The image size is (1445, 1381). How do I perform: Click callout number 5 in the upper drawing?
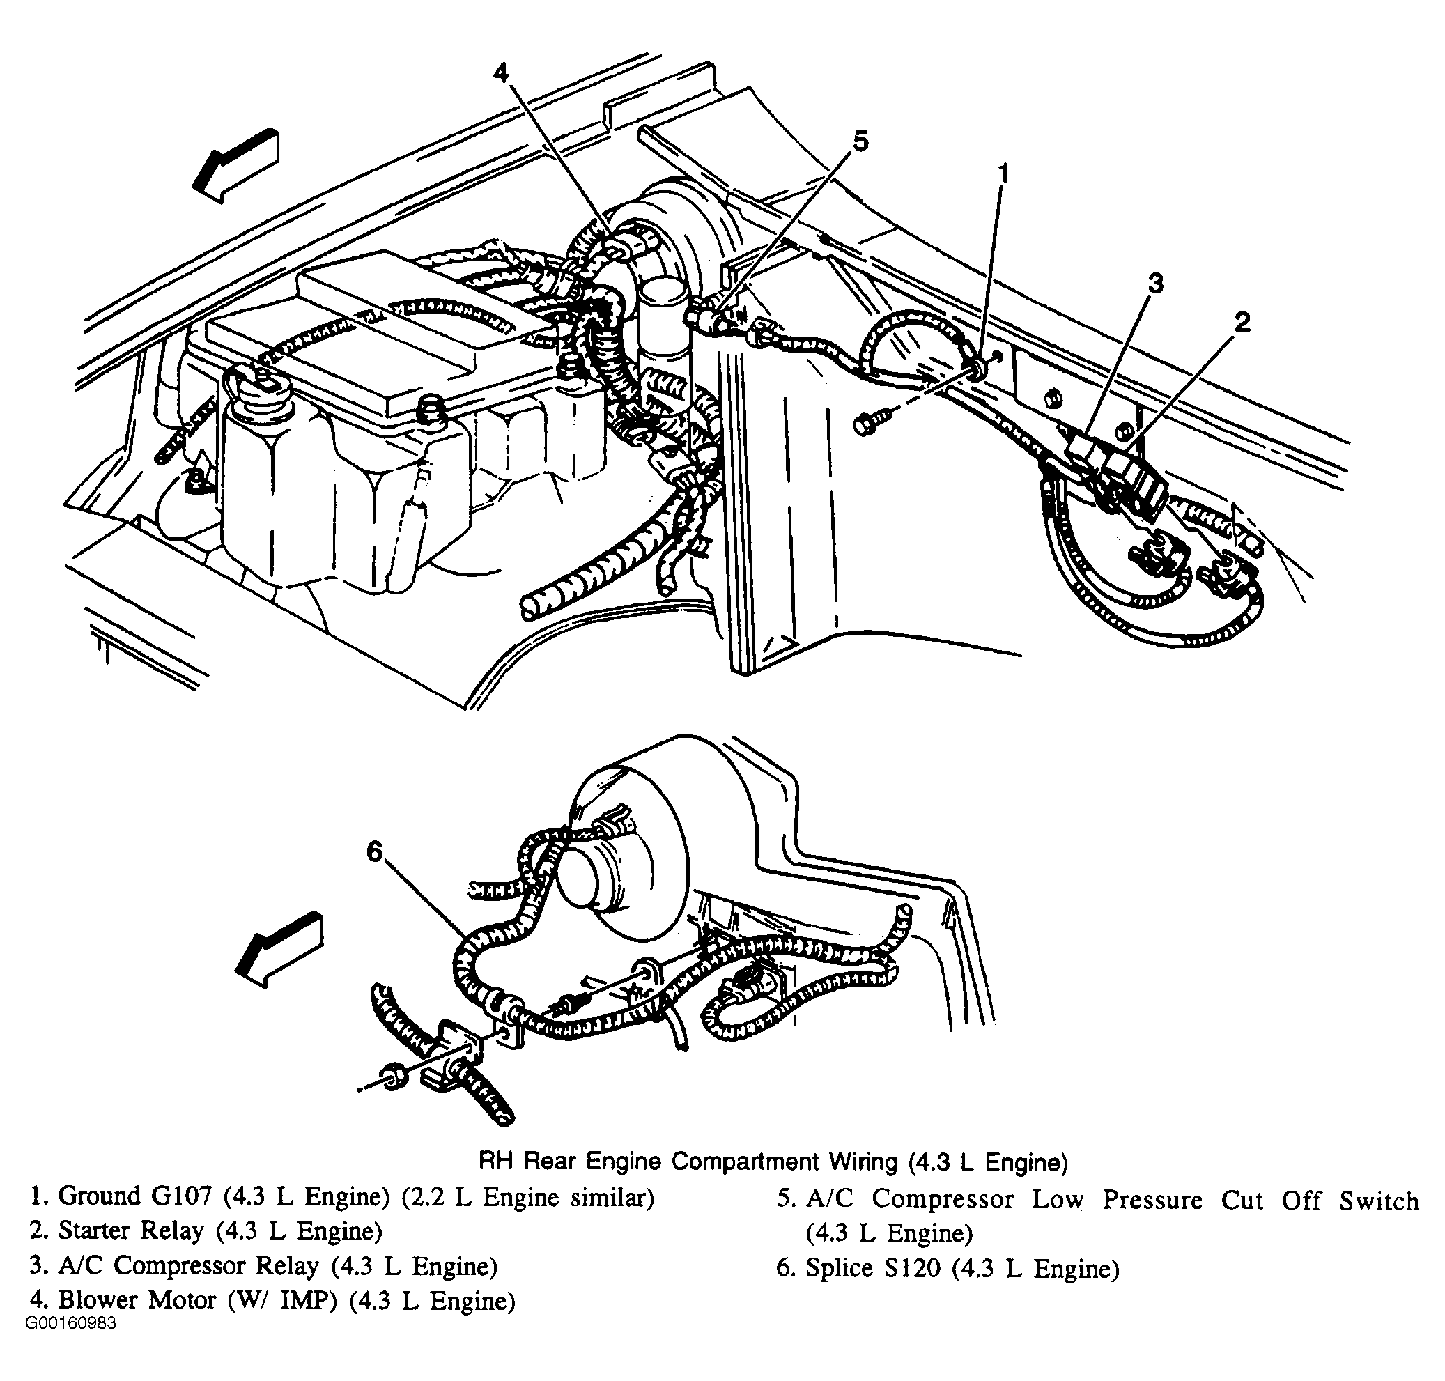pos(860,141)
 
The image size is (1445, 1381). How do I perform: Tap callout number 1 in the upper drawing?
pos(1003,173)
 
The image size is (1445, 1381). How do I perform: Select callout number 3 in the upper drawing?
pos(1156,283)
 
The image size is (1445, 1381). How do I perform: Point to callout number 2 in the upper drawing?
pos(1242,322)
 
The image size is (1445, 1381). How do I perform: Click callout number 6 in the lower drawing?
pos(375,851)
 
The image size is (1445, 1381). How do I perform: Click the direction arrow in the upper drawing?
pos(235,165)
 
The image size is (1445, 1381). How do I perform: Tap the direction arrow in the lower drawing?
pos(278,950)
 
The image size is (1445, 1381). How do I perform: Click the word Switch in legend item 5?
pos(1379,1200)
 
